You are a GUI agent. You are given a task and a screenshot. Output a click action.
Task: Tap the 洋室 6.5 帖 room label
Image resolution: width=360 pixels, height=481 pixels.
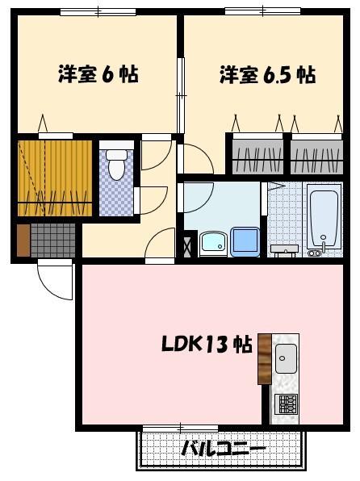click(x=266, y=75)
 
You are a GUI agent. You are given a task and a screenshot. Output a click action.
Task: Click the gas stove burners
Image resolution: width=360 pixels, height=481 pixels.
click(x=287, y=403)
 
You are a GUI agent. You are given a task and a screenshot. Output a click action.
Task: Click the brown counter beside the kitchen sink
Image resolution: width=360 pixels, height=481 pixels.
click(x=266, y=358)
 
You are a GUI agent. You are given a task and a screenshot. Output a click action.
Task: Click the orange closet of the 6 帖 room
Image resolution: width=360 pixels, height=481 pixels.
click(x=55, y=178)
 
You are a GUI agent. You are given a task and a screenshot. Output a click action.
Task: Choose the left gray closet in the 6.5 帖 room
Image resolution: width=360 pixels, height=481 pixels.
click(x=257, y=155)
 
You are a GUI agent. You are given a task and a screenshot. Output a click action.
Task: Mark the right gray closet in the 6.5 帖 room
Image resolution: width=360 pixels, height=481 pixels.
click(x=316, y=155)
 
